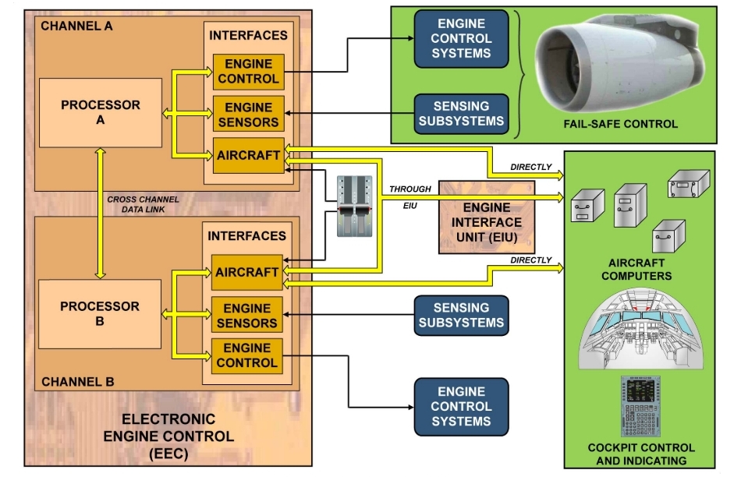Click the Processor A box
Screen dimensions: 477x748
click(x=100, y=112)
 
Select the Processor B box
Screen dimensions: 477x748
click(x=100, y=313)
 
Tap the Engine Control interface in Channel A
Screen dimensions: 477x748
click(x=248, y=72)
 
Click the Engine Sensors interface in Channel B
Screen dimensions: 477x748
click(x=248, y=316)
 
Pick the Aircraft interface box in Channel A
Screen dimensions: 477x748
click(x=248, y=155)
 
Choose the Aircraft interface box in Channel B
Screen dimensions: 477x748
click(x=248, y=272)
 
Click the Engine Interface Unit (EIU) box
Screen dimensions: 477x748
click(x=486, y=217)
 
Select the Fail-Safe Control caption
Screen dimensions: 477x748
click(x=621, y=123)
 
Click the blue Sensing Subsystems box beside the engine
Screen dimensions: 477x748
click(x=461, y=113)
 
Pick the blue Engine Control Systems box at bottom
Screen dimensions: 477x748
click(x=461, y=406)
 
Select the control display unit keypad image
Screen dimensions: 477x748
click(x=640, y=407)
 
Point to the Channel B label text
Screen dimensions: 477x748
click(x=77, y=382)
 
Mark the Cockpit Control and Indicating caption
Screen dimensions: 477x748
click(x=640, y=454)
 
